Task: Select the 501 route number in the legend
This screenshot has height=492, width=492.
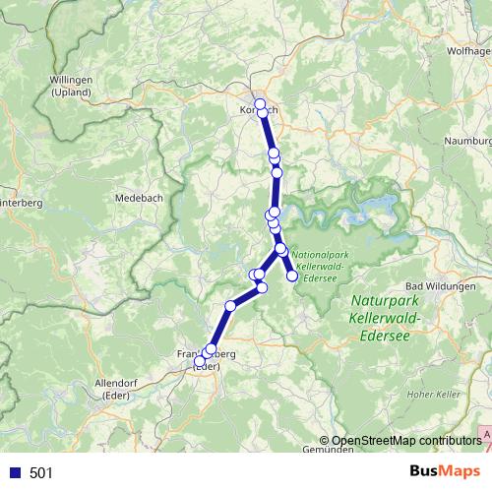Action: click(41, 473)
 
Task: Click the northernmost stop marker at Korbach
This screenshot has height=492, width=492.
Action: click(260, 104)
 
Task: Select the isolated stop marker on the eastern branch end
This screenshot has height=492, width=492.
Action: click(292, 276)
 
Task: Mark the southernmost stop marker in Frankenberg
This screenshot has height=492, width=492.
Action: click(200, 362)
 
